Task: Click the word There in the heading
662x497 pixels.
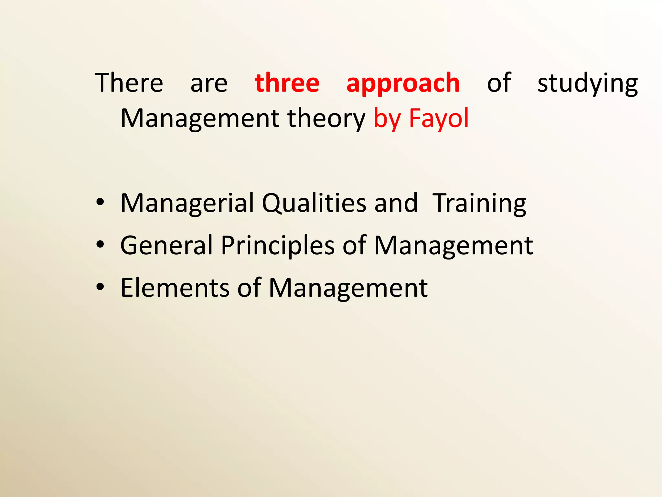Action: (x=129, y=83)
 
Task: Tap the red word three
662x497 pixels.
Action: (x=287, y=83)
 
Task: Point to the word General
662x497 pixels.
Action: (x=166, y=246)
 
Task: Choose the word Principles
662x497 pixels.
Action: (x=277, y=246)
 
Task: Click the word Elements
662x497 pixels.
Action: (x=175, y=288)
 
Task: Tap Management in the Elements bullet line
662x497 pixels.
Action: (x=348, y=288)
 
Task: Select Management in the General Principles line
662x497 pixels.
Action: (x=453, y=246)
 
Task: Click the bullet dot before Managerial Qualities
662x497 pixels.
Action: (x=100, y=202)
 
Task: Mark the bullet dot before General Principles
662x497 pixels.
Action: (x=100, y=245)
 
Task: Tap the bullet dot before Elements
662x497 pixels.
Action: (x=100, y=287)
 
